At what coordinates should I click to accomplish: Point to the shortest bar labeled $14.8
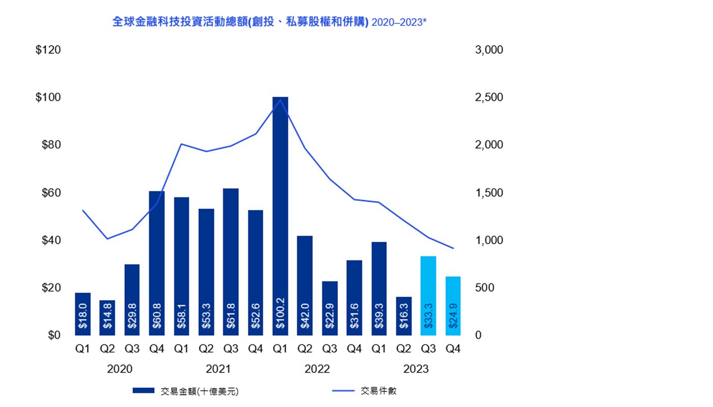[107, 317]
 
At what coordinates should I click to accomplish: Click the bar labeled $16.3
[404, 315]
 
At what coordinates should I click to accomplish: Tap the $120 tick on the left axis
[48, 50]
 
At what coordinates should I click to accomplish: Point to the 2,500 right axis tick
[488, 97]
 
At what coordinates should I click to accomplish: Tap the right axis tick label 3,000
[488, 50]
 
